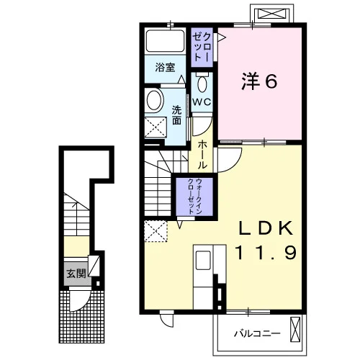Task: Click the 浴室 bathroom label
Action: click(165, 68)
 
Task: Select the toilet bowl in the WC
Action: click(202, 84)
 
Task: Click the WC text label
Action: click(202, 102)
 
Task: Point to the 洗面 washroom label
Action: click(176, 115)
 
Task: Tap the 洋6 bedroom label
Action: click(259, 81)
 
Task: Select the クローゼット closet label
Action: click(202, 47)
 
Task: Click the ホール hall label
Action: click(202, 155)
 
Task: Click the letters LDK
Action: click(266, 228)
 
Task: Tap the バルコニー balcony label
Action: click(257, 333)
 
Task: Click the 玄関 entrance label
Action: click(76, 274)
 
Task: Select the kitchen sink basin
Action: click(203, 260)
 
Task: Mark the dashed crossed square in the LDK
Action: click(156, 231)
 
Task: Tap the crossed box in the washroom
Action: click(156, 127)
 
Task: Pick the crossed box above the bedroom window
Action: click(272, 13)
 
